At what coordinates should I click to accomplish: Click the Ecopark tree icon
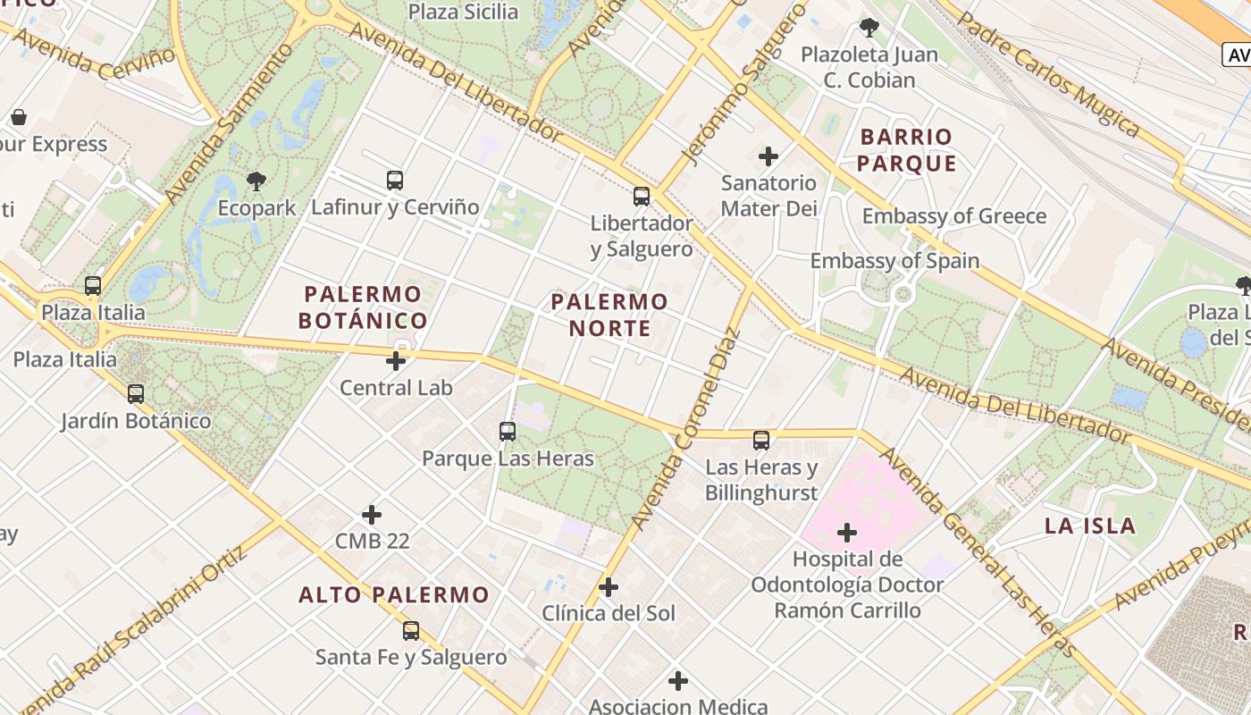click(x=256, y=181)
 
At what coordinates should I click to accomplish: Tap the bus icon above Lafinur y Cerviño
click(x=395, y=180)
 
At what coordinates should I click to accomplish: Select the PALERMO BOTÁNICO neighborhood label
click(x=362, y=307)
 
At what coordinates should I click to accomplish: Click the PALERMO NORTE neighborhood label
click(x=609, y=315)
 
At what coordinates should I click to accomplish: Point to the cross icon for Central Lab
click(x=396, y=361)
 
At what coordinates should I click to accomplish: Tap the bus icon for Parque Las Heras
click(x=508, y=432)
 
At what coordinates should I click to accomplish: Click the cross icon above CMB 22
click(x=372, y=515)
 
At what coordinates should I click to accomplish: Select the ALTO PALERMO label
click(x=394, y=594)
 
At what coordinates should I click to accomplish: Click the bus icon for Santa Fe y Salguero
click(x=411, y=630)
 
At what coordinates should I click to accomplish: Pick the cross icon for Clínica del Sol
click(x=609, y=587)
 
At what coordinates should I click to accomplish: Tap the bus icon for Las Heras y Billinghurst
click(x=761, y=440)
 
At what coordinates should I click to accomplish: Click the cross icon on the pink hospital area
click(x=847, y=534)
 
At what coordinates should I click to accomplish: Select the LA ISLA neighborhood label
click(x=1090, y=526)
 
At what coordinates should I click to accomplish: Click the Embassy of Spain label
click(x=894, y=261)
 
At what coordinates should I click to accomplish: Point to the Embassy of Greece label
click(x=953, y=216)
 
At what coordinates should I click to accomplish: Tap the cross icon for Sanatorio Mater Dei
click(x=768, y=156)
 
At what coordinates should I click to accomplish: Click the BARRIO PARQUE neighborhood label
click(x=907, y=150)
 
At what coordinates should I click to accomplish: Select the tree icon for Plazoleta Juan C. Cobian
click(x=869, y=28)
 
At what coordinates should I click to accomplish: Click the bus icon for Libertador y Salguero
click(x=642, y=196)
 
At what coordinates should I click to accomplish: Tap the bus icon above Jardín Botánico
click(x=136, y=393)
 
